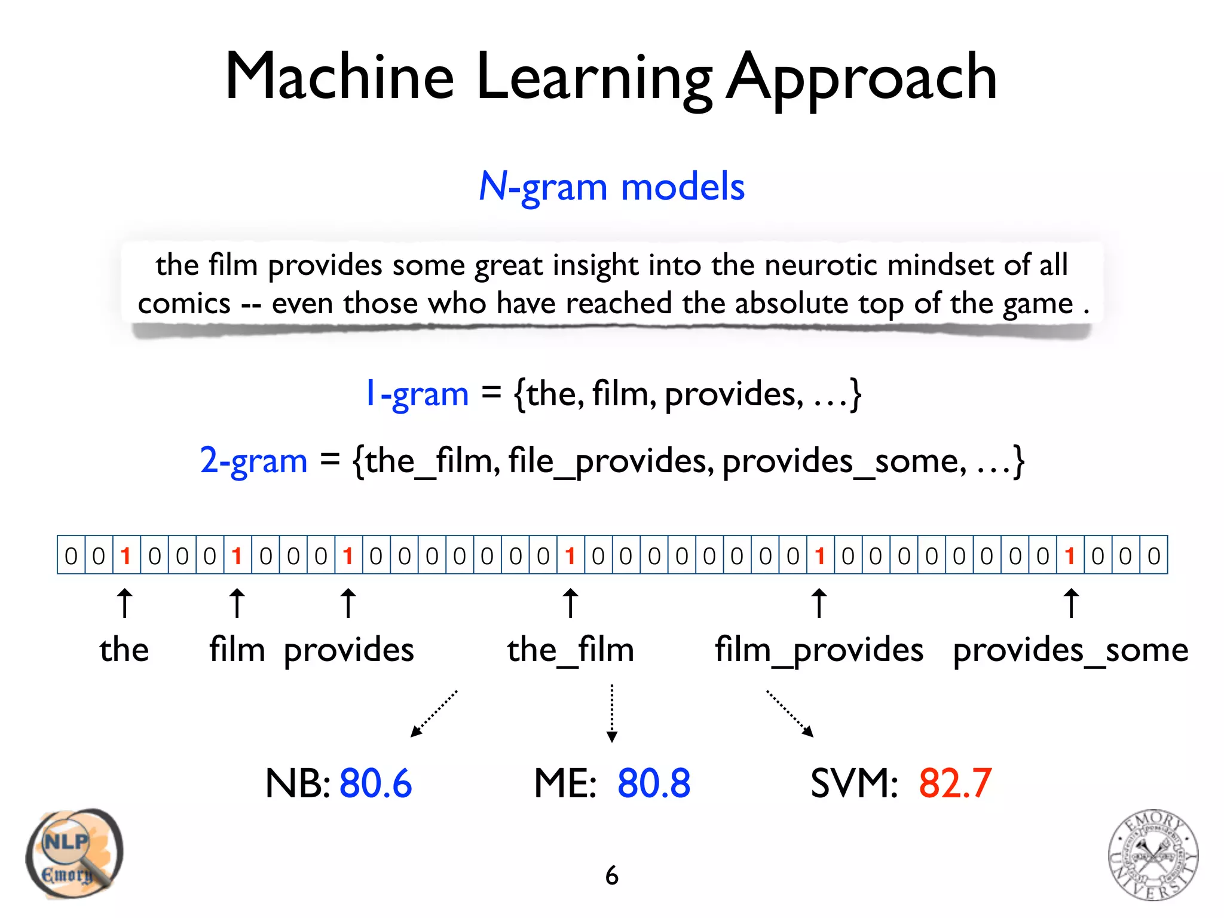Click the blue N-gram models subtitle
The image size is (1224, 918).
[611, 187]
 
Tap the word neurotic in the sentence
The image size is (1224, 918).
[821, 265]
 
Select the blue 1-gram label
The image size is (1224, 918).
[417, 394]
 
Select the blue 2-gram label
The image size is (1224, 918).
[253, 461]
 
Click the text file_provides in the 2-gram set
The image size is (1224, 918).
[611, 461]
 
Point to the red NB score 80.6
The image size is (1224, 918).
[375, 783]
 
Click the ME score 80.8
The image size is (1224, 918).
[654, 783]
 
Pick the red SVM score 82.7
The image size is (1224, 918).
[955, 783]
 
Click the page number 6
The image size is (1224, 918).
[611, 876]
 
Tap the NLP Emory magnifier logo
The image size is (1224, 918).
[74, 853]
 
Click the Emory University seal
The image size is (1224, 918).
[1153, 855]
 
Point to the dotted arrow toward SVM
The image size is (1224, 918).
[790, 714]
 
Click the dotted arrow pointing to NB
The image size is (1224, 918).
[434, 714]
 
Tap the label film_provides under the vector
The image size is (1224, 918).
[819, 650]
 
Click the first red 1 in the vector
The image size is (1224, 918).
[126, 556]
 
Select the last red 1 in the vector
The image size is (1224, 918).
[1070, 556]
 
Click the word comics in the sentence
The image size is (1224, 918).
[184, 304]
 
